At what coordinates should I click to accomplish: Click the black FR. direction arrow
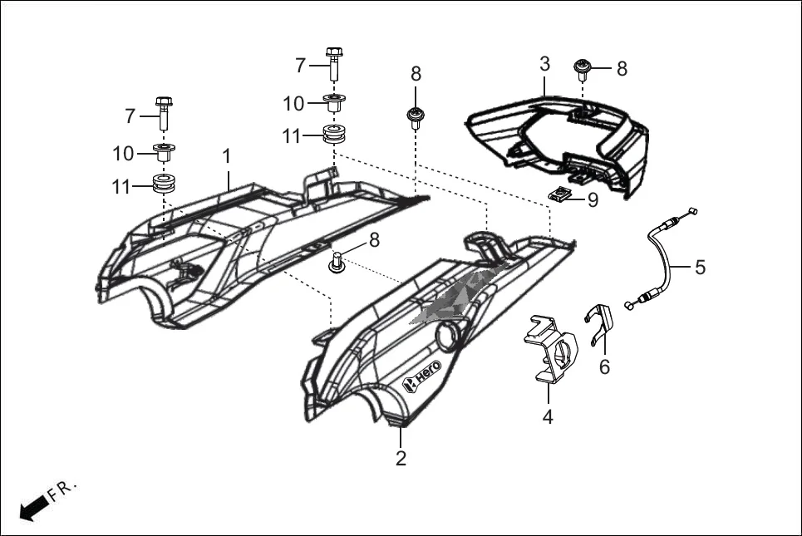32,506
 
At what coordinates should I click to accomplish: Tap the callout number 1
226,155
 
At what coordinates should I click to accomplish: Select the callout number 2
401,458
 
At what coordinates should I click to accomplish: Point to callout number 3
544,64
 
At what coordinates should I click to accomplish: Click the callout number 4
548,417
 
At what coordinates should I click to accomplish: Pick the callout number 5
700,267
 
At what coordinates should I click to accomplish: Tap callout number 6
604,366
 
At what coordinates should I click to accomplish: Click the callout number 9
592,199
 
